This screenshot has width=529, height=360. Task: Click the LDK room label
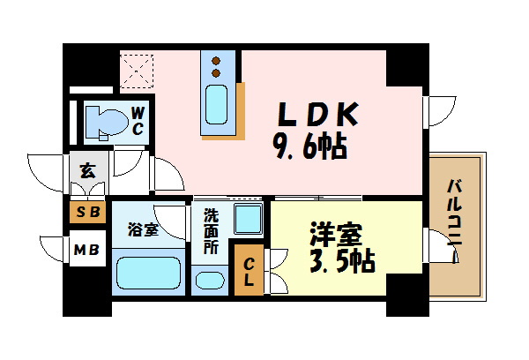(x=317, y=114)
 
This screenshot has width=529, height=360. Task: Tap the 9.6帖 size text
(x=309, y=146)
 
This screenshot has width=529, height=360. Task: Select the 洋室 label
(x=337, y=235)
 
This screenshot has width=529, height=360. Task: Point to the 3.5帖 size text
(x=342, y=261)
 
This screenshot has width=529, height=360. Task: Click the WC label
(x=138, y=121)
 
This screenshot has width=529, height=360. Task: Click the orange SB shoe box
(x=87, y=212)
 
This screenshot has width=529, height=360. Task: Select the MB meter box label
(x=86, y=251)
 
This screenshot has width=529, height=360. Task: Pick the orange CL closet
(x=249, y=270)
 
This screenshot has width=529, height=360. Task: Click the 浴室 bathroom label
(x=143, y=230)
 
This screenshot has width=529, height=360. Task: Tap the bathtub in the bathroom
(x=148, y=273)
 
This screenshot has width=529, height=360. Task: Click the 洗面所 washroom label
(x=211, y=232)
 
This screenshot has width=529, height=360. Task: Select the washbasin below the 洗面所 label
(x=210, y=281)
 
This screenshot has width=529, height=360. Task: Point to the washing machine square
(x=249, y=219)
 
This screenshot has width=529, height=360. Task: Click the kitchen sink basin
(x=216, y=104)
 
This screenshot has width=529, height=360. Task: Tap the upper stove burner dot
(x=216, y=61)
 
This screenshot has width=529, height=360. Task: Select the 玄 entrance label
(x=87, y=170)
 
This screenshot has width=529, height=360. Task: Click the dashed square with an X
(x=137, y=71)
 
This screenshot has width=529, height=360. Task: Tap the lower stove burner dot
(x=216, y=73)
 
